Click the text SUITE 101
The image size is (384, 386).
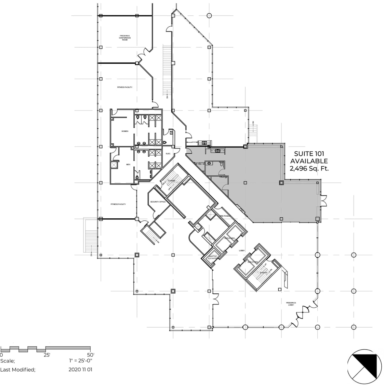[x=306, y=154]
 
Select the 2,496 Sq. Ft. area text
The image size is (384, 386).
[x=309, y=168]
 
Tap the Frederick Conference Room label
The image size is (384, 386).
[x=125, y=38]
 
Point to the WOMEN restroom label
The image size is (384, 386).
[x=125, y=131]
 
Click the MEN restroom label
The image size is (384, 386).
[x=128, y=165]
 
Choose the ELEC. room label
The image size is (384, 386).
[x=168, y=154]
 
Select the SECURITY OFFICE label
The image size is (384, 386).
[x=158, y=202]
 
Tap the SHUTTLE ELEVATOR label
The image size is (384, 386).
[x=213, y=257]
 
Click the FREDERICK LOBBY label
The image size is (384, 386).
[x=291, y=304]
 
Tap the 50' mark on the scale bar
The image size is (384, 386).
[x=91, y=355]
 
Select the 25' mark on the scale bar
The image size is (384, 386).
[x=47, y=355]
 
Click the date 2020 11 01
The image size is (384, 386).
[x=80, y=370]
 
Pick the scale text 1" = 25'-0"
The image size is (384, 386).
[x=80, y=361]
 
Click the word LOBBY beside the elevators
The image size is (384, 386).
[x=242, y=251]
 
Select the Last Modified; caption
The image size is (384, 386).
[x=18, y=370]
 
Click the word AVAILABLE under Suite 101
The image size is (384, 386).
[x=309, y=161]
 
